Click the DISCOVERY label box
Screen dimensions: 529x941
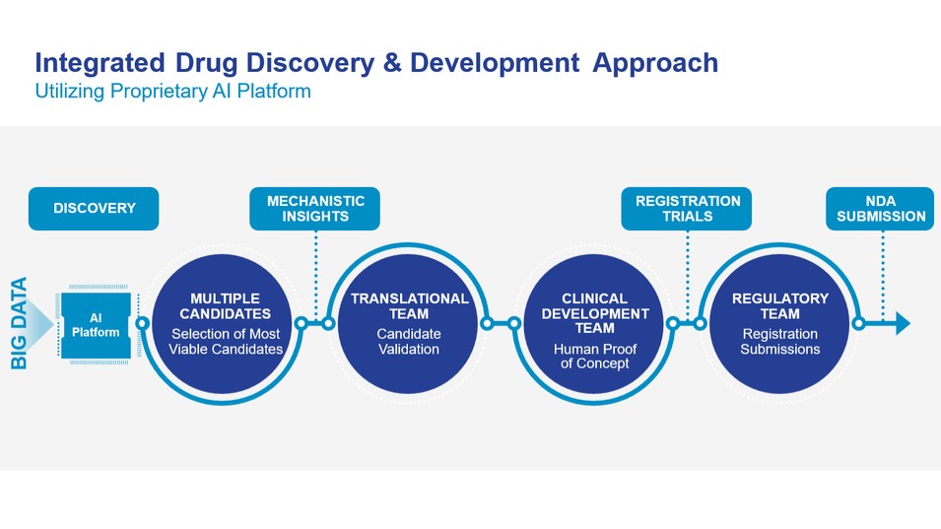click(x=94, y=209)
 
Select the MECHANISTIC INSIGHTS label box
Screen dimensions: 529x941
click(x=315, y=209)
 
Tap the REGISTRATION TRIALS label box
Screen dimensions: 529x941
click(x=687, y=209)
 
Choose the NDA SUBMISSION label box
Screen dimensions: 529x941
click(x=882, y=209)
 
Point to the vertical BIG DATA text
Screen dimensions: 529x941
click(x=20, y=324)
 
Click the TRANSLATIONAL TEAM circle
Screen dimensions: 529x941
click(x=409, y=323)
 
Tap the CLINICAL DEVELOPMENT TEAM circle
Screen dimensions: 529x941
click(x=594, y=323)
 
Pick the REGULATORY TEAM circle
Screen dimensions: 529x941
click(x=779, y=323)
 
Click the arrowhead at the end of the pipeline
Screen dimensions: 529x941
click(x=902, y=324)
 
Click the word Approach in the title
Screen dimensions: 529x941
click(x=655, y=64)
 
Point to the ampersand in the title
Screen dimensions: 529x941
click(x=392, y=64)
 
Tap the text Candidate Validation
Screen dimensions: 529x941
click(x=409, y=342)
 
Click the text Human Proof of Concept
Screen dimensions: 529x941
click(x=594, y=357)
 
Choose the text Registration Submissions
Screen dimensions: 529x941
click(x=779, y=342)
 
